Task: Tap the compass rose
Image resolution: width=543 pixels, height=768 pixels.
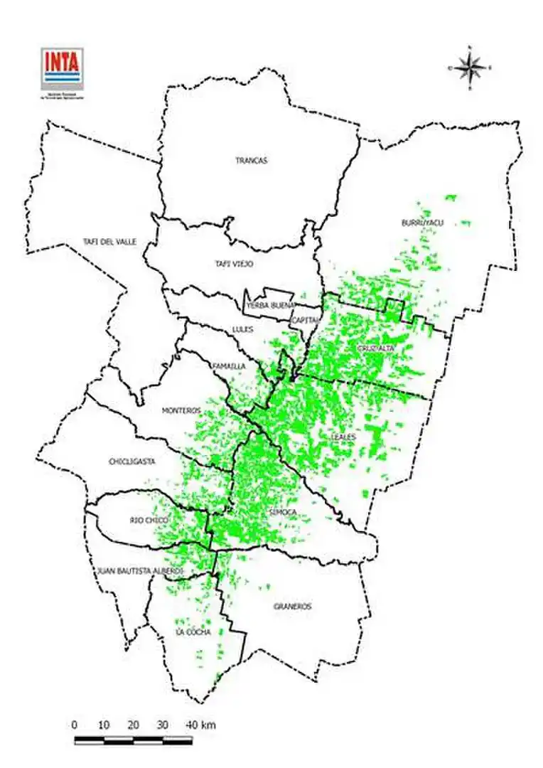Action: pyautogui.click(x=469, y=68)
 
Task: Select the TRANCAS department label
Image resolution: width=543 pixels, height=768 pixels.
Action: pyautogui.click(x=252, y=161)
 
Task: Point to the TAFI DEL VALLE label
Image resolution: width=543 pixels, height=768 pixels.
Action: pyautogui.click(x=109, y=242)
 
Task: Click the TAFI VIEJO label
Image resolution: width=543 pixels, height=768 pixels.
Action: pyautogui.click(x=234, y=264)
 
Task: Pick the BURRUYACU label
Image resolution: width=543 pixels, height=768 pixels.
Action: pyautogui.click(x=422, y=223)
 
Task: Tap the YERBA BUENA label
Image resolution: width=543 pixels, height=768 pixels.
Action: pyautogui.click(x=266, y=306)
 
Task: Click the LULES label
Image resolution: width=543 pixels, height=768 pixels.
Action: pyautogui.click(x=242, y=329)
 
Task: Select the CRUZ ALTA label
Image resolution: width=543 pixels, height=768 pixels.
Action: pyautogui.click(x=376, y=348)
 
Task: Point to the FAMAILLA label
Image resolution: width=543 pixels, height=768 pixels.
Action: pyautogui.click(x=229, y=366)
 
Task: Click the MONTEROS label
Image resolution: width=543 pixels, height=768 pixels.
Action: pyautogui.click(x=182, y=410)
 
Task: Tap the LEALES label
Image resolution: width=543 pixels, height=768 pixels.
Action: pyautogui.click(x=344, y=436)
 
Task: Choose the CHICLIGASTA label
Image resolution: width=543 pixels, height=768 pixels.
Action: pyautogui.click(x=131, y=462)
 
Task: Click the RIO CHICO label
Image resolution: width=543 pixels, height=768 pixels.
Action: pyautogui.click(x=149, y=521)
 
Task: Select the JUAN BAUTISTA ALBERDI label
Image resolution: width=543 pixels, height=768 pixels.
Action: pyautogui.click(x=140, y=571)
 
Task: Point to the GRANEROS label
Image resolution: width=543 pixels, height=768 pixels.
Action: pyautogui.click(x=292, y=607)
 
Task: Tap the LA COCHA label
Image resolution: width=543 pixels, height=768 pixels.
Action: pyautogui.click(x=193, y=631)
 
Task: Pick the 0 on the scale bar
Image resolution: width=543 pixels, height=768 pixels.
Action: pyautogui.click(x=75, y=725)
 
